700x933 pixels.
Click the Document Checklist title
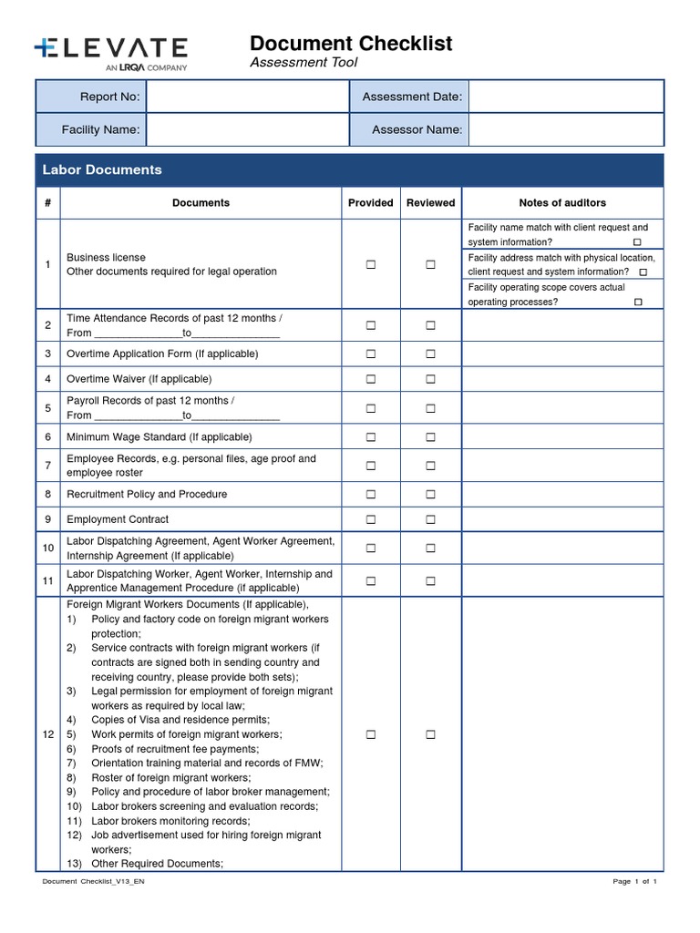tap(351, 43)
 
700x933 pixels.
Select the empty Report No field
tap(247, 97)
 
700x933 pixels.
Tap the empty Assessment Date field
tap(565, 97)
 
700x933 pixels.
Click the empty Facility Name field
tap(247, 129)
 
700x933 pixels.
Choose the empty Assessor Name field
tap(565, 129)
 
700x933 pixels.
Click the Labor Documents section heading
tap(102, 169)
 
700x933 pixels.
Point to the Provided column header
tap(371, 203)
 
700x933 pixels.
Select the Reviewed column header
tap(430, 203)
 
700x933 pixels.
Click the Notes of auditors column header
tap(562, 203)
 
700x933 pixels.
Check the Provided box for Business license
tap(371, 265)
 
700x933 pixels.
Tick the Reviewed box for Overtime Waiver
tap(430, 379)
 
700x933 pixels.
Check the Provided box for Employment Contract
tap(371, 520)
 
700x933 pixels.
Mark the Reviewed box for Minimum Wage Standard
tap(430, 437)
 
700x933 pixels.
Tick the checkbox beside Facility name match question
tap(637, 242)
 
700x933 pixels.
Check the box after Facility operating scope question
tap(637, 302)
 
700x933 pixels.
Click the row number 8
tap(47, 495)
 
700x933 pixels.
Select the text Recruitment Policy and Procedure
tap(147, 495)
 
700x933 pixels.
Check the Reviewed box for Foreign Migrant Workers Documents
tap(430, 734)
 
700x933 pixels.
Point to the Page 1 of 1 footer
tap(634, 882)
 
